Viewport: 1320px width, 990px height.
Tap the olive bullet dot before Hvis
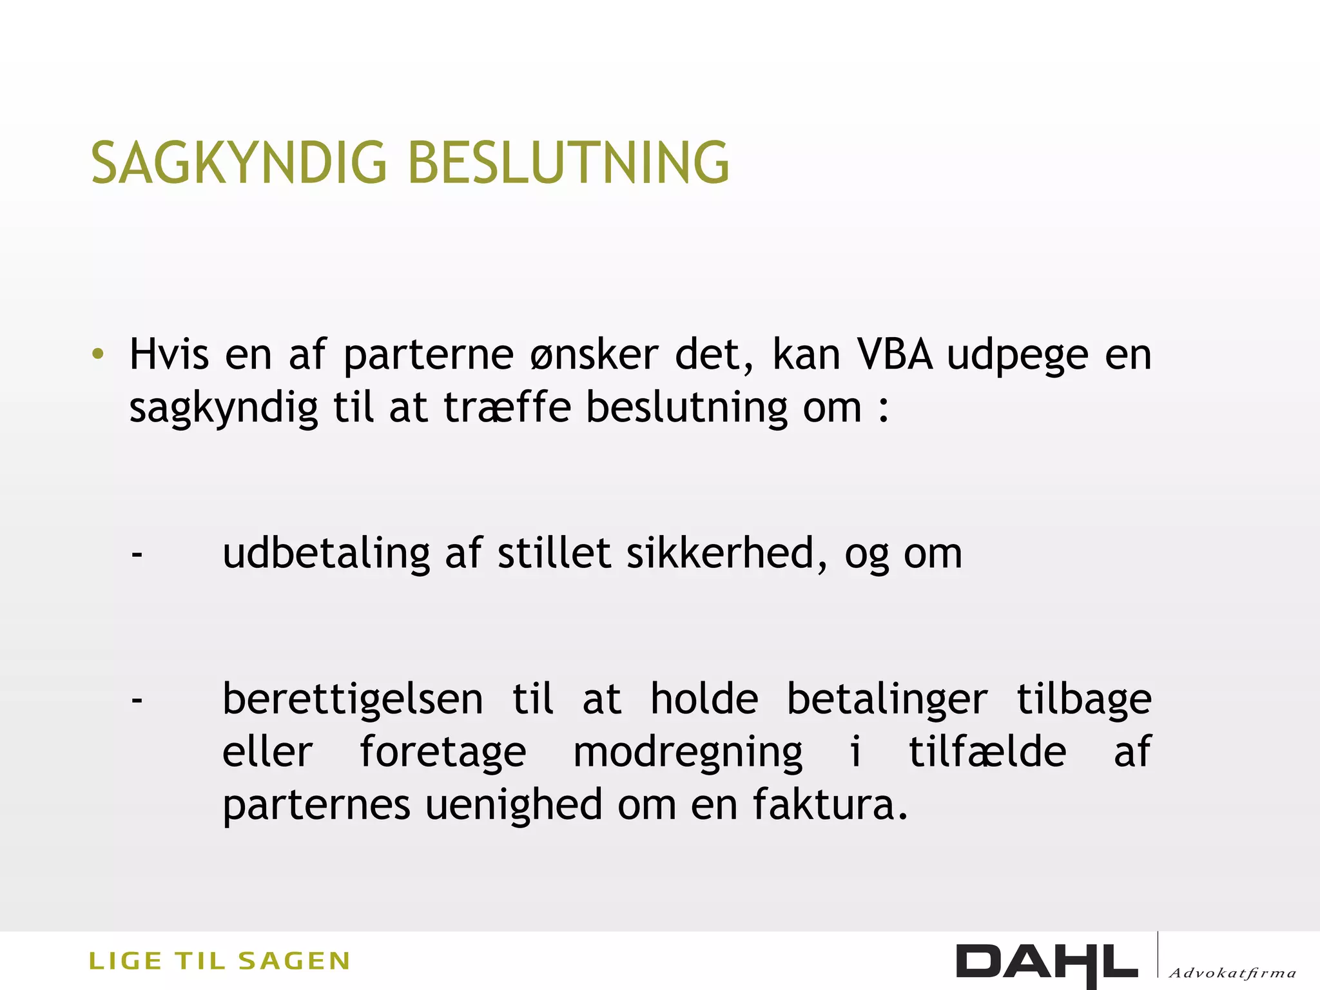(98, 354)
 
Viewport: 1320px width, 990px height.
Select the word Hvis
(169, 354)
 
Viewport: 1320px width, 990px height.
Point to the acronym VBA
(895, 354)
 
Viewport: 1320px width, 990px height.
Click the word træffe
(507, 407)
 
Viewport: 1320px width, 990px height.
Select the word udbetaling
(326, 554)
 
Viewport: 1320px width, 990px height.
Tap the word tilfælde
(987, 752)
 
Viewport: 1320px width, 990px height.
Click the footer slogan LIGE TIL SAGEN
(219, 961)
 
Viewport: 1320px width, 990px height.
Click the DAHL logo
(1047, 963)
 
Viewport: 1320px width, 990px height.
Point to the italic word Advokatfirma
(1232, 973)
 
